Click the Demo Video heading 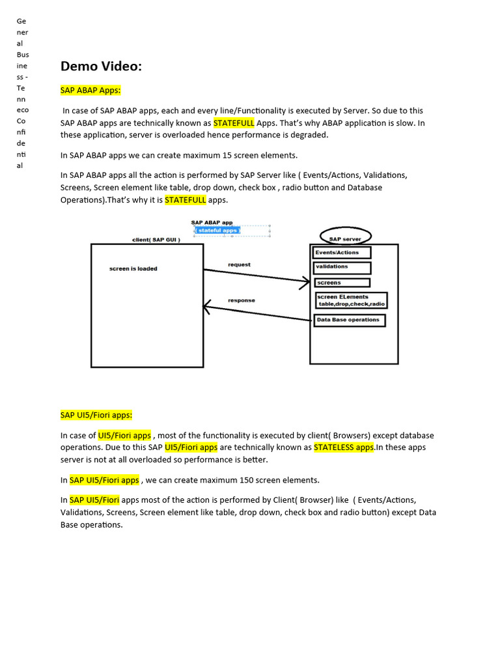coord(101,66)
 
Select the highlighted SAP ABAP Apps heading coord(90,90)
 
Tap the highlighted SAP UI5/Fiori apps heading coord(96,415)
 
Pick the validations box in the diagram coord(342,267)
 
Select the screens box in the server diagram coord(342,283)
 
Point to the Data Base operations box coord(350,320)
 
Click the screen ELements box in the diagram coord(351,300)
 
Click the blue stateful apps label coord(218,231)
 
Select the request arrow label coord(239,264)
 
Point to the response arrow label coord(242,300)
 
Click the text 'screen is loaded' coord(133,268)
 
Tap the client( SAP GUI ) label coord(156,240)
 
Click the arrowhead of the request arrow coord(305,283)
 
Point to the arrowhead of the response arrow coord(208,305)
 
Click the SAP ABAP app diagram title coord(212,223)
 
